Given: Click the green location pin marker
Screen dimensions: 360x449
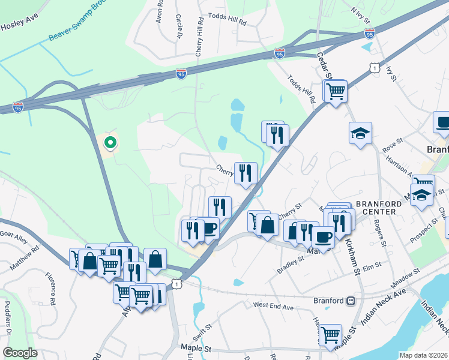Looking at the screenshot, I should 110,142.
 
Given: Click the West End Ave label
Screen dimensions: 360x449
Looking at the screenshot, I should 273,307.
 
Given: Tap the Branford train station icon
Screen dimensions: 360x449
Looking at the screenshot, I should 351,301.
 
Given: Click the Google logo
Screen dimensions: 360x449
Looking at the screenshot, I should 20,352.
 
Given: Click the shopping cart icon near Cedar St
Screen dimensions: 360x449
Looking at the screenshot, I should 336,92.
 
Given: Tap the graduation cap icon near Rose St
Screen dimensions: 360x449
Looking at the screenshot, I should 361,133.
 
